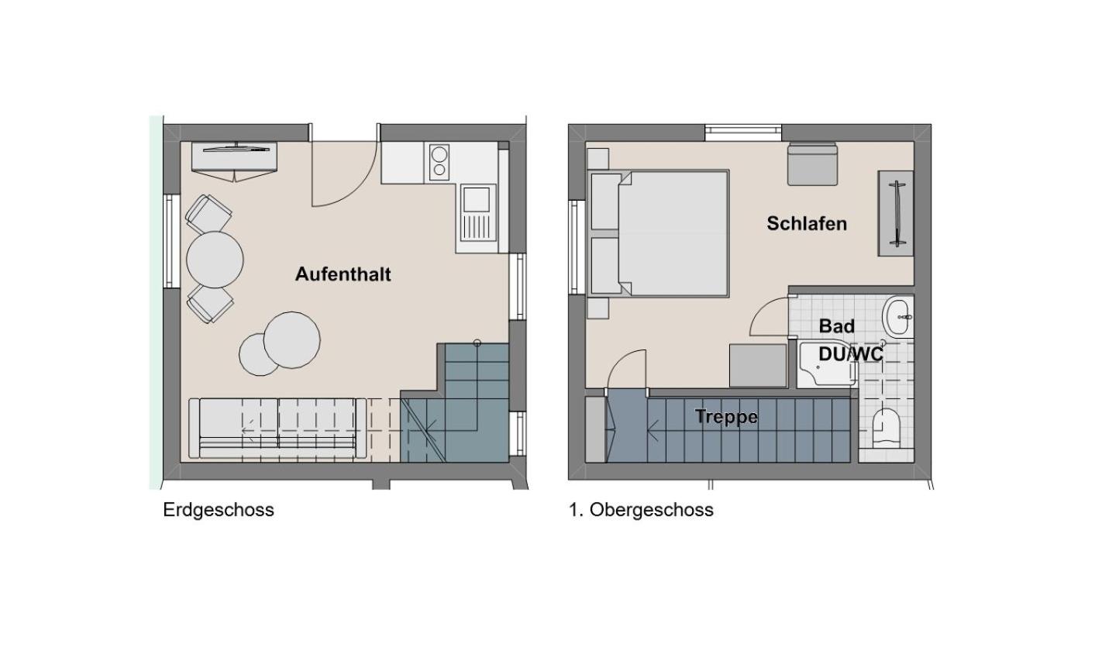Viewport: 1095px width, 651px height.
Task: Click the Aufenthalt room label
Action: point(343,274)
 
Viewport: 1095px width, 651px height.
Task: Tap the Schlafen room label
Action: point(807,223)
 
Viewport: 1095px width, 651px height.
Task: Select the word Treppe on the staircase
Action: point(726,417)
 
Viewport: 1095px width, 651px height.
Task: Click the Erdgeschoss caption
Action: point(219,510)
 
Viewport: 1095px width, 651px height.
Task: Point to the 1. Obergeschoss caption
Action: point(641,510)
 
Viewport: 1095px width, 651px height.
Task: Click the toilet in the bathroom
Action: point(886,429)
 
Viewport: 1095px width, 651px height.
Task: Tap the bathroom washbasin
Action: point(898,317)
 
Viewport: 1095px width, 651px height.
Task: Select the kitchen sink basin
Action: point(476,199)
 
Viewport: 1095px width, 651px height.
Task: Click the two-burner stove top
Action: point(439,162)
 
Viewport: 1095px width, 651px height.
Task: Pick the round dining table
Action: point(215,260)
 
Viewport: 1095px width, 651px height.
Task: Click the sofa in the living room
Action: point(277,429)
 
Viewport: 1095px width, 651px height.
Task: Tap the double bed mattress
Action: point(673,233)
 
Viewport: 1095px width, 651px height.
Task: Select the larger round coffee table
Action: point(292,340)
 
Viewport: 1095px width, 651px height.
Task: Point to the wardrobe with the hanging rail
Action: point(896,213)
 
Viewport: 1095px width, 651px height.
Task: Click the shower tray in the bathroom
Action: point(826,363)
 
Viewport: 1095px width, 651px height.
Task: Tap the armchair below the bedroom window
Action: point(812,164)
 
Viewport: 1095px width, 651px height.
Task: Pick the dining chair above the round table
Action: point(208,214)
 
